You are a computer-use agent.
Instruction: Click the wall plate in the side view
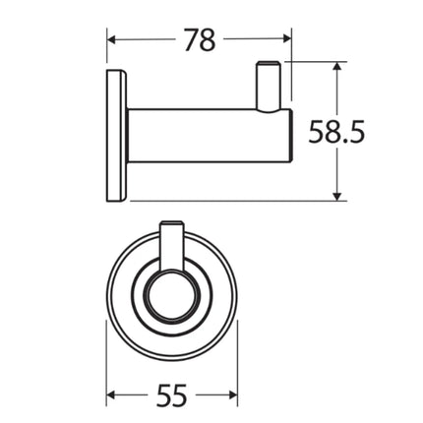[x=115, y=138]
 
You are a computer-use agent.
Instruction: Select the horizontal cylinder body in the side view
[x=197, y=137]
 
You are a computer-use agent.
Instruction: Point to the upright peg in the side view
[x=269, y=87]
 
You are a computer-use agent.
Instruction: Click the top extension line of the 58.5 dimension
[x=315, y=62]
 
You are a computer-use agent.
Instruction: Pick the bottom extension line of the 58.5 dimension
[x=246, y=201]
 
